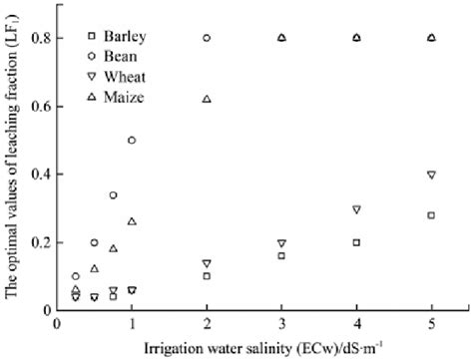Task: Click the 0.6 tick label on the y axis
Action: pos(42,106)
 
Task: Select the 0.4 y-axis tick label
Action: pos(42,175)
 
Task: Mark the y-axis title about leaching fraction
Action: pos(13,165)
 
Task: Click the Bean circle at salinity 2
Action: pos(207,38)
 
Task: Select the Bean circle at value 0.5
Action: pos(132,141)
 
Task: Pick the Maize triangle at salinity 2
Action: pos(207,99)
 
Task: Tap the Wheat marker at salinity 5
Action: pos(431,175)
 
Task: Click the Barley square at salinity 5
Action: pos(431,215)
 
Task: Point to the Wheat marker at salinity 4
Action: pos(356,209)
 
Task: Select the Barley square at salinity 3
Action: pos(281,255)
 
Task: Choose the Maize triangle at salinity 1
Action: pos(132,221)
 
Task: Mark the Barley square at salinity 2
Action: pos(207,276)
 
